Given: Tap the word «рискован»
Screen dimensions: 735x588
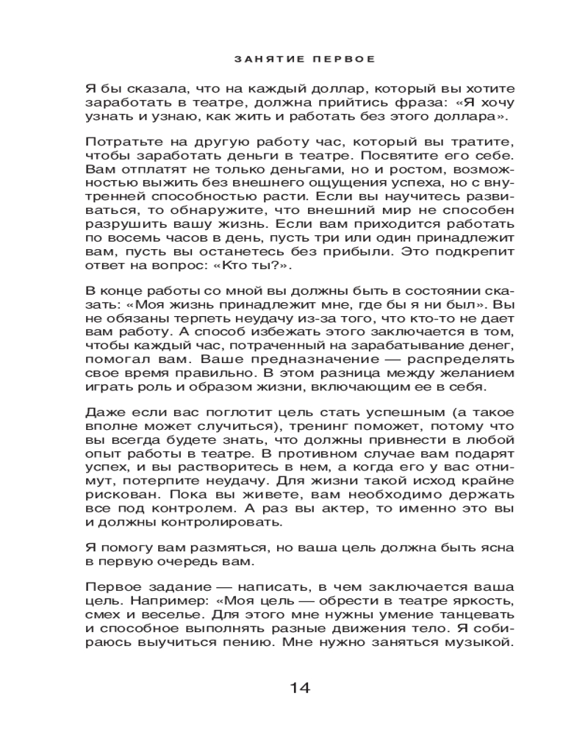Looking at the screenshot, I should (117, 498).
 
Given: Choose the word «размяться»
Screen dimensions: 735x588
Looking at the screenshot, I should (212, 549).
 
